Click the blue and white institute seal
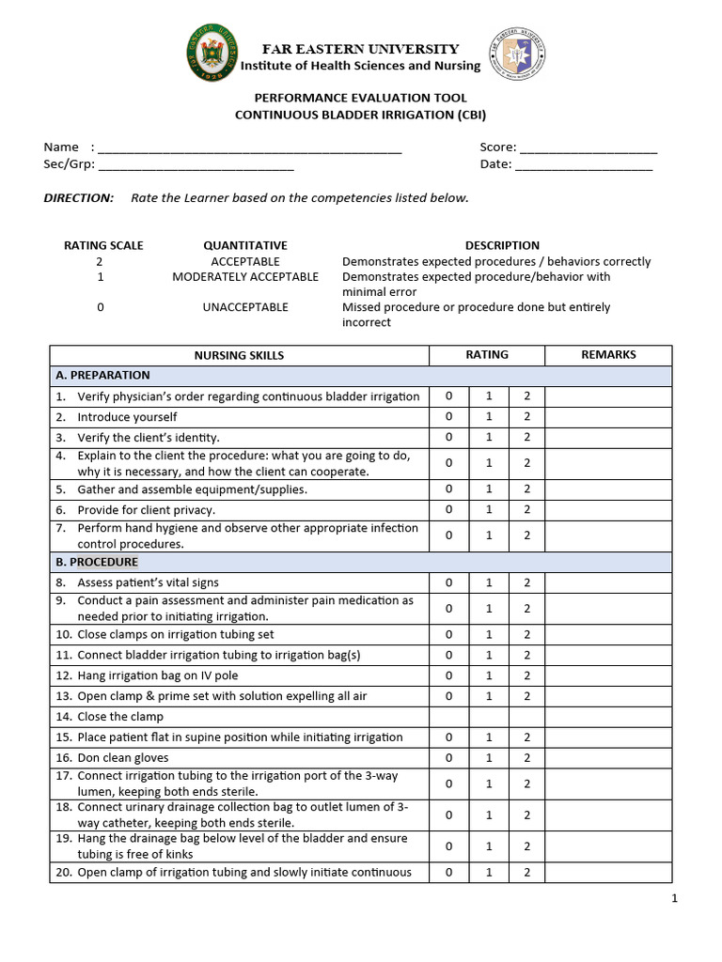(x=515, y=54)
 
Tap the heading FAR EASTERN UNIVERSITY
(x=361, y=49)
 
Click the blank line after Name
(x=249, y=148)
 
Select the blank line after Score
(x=588, y=148)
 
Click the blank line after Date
(x=584, y=165)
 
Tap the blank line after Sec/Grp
(x=196, y=165)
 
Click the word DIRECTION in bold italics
(x=79, y=198)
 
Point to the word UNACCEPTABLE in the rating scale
(x=245, y=307)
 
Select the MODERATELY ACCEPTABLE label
(x=245, y=277)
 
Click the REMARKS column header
(x=608, y=355)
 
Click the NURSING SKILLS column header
(x=239, y=356)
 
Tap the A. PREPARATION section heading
(x=102, y=375)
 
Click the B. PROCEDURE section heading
(x=97, y=562)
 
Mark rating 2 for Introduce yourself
(x=527, y=417)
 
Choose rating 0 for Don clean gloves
(x=449, y=758)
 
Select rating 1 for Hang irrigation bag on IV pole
(x=489, y=675)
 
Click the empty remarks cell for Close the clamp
(x=608, y=717)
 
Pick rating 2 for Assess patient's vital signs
(x=527, y=582)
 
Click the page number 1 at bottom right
(x=674, y=898)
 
